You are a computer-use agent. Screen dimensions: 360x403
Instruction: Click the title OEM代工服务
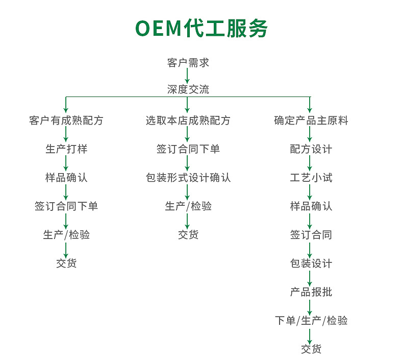tap(201, 29)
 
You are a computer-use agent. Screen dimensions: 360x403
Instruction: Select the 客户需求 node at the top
tap(188, 63)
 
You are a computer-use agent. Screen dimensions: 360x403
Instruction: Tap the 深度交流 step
tap(188, 89)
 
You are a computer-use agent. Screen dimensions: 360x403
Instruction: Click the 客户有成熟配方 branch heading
tap(66, 121)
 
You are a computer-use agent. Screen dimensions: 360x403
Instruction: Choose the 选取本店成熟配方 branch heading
tap(188, 121)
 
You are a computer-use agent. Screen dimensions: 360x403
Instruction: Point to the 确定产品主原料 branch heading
tap(311, 121)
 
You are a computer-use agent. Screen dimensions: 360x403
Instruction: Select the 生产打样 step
tap(66, 149)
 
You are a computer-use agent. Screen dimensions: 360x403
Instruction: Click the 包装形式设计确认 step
tap(188, 178)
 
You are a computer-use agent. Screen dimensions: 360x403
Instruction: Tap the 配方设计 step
tap(311, 149)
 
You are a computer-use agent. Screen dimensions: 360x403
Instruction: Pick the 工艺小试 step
tap(311, 178)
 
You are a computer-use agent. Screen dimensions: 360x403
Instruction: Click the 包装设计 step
tap(311, 263)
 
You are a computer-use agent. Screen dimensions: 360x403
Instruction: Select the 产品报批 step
tap(311, 292)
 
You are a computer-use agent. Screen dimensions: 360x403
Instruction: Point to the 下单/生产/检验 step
tap(311, 321)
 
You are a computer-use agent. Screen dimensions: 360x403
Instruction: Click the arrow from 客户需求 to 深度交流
tap(188, 76)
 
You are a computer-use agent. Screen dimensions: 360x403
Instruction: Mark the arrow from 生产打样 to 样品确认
tap(66, 163)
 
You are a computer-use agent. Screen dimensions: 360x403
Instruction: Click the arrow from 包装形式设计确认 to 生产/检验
tap(188, 192)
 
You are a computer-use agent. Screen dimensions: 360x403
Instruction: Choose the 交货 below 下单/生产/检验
tap(311, 349)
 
